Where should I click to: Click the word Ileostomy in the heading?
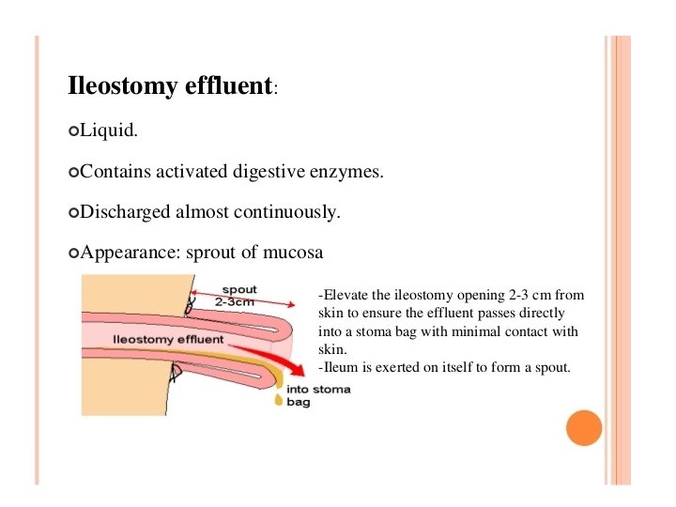(x=119, y=87)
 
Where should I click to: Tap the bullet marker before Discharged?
(x=74, y=213)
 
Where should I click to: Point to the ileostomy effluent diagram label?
(x=167, y=339)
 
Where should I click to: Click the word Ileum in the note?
(x=343, y=367)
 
